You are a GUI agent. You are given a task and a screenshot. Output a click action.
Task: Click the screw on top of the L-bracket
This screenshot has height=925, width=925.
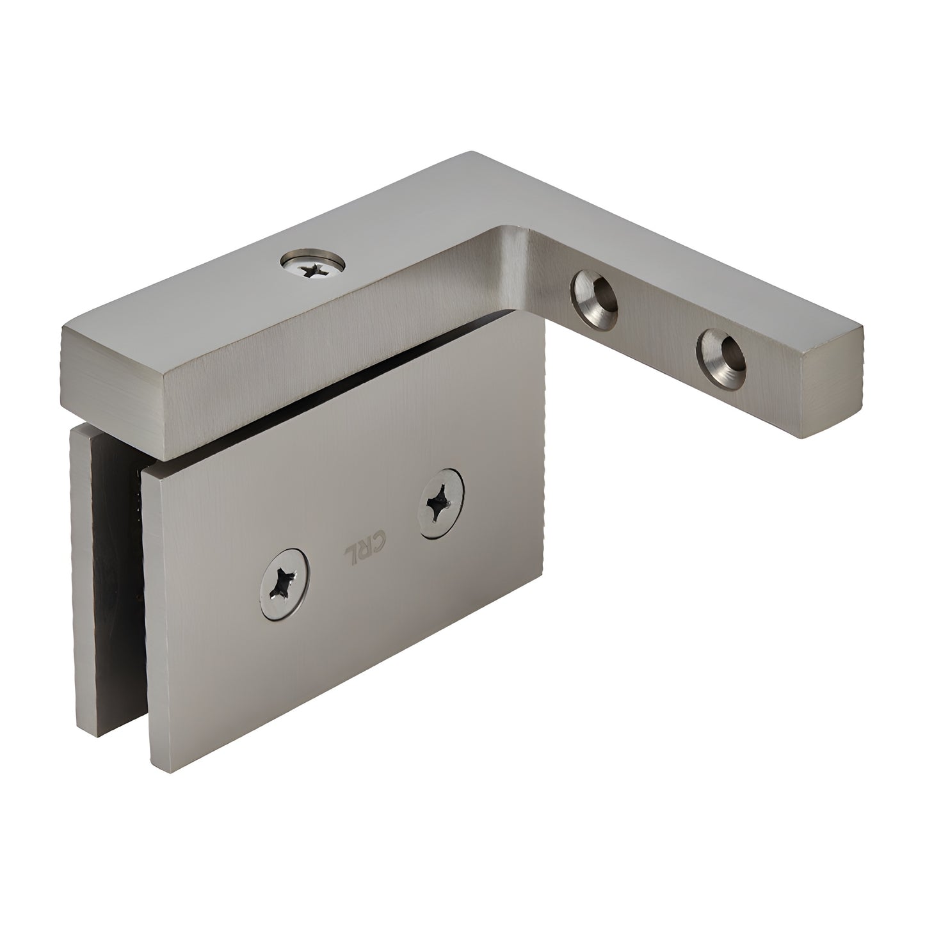click(x=313, y=264)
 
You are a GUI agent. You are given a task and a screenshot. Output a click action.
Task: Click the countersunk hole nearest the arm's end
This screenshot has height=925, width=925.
click(x=723, y=351)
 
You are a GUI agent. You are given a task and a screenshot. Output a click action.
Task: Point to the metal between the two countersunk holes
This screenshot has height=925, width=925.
click(x=659, y=320)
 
